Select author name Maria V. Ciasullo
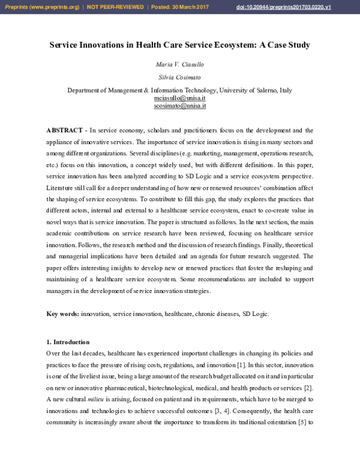pos(179,64)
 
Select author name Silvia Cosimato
pos(179,78)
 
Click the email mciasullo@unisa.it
pos(179,98)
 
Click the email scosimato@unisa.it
pos(179,105)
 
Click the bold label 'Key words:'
pos(62,314)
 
